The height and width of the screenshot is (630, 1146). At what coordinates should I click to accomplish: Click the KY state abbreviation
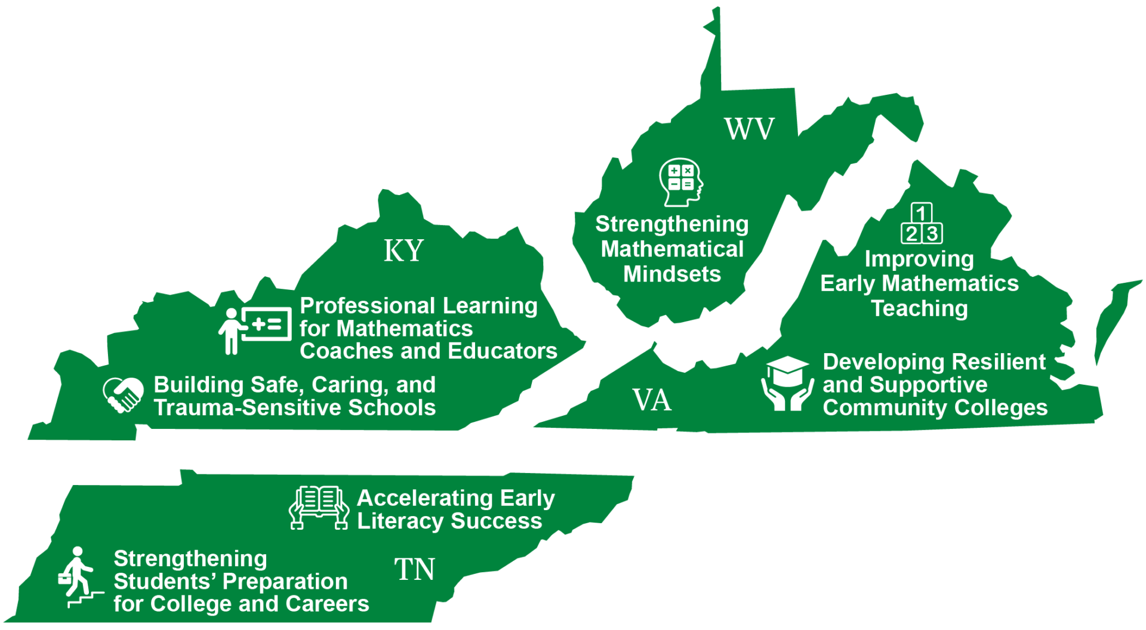pyautogui.click(x=403, y=251)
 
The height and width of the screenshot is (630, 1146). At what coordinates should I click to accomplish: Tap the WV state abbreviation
pyautogui.click(x=749, y=129)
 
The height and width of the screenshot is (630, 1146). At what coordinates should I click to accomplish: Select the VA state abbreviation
pyautogui.click(x=652, y=400)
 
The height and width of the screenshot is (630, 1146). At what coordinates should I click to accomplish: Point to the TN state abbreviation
pyautogui.click(x=415, y=569)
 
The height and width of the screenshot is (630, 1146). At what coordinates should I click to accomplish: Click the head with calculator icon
pyautogui.click(x=681, y=181)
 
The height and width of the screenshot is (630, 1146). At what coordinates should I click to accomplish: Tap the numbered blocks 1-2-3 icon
pyautogui.click(x=922, y=224)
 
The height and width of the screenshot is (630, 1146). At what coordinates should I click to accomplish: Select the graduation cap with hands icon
pyautogui.click(x=787, y=384)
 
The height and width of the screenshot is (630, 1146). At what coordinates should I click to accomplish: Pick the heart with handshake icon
pyautogui.click(x=123, y=394)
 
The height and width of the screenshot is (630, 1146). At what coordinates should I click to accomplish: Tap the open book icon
pyautogui.click(x=319, y=507)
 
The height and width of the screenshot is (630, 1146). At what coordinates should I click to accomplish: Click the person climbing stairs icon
pyautogui.click(x=79, y=577)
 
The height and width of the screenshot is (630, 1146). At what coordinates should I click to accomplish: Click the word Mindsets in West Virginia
pyautogui.click(x=672, y=274)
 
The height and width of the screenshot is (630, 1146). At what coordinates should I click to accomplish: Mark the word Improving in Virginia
pyautogui.click(x=919, y=259)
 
